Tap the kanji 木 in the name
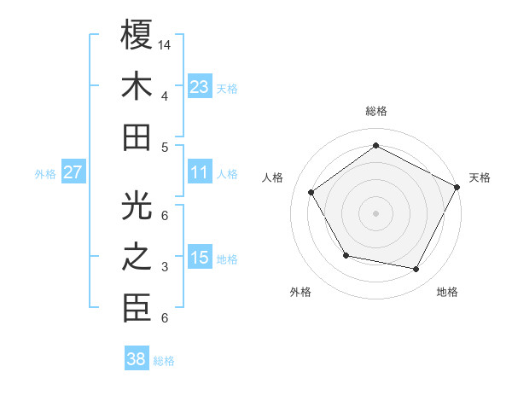click(x=137, y=89)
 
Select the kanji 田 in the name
click(x=137, y=138)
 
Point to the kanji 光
click(x=137, y=207)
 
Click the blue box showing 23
click(x=200, y=86)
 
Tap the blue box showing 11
click(x=200, y=172)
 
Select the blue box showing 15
click(x=200, y=258)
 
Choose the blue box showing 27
click(x=73, y=172)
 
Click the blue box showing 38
click(x=137, y=359)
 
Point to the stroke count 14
click(x=165, y=44)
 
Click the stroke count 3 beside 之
click(x=165, y=268)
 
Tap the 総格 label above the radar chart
click(x=375, y=111)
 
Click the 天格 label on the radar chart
click(x=480, y=177)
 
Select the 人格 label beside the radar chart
click(x=273, y=177)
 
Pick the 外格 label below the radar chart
click(x=300, y=292)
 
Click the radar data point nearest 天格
click(x=457, y=187)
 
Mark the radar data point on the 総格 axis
click(x=375, y=145)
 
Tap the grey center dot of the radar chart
click(x=375, y=212)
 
